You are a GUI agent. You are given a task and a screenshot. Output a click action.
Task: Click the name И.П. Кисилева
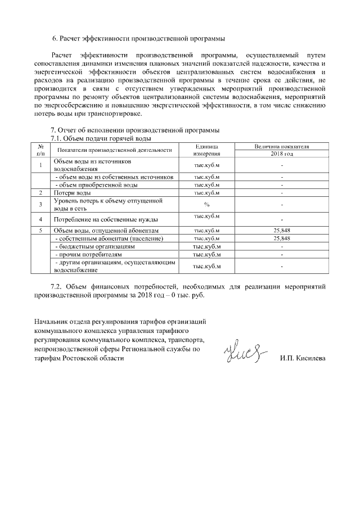click(x=303, y=358)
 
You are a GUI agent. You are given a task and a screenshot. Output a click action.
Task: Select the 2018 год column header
click(x=281, y=154)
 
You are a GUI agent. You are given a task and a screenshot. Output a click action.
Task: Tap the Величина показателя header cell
click(x=281, y=146)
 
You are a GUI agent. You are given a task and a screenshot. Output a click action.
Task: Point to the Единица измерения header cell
click(x=206, y=150)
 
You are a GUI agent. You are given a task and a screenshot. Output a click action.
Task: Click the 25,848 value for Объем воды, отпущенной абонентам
click(x=281, y=231)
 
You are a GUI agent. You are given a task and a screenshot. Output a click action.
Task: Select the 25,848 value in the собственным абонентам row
click(x=281, y=238)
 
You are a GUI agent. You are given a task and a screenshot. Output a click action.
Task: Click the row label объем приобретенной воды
click(x=97, y=184)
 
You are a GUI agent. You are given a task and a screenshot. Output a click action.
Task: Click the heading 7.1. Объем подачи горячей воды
click(x=101, y=138)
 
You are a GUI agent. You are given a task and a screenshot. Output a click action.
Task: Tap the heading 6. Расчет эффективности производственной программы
click(x=138, y=39)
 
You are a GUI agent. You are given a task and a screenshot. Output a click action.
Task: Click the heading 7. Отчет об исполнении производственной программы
click(x=135, y=130)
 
